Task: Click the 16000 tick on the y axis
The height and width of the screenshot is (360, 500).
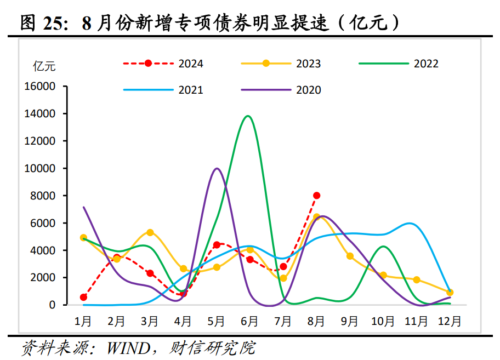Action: coord(39,87)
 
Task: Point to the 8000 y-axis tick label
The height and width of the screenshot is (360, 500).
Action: coord(43,196)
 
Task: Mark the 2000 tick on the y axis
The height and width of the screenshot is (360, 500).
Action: coord(43,278)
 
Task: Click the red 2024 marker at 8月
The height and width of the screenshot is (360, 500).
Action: coord(316,196)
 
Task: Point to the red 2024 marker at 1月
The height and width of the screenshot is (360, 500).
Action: coord(83,297)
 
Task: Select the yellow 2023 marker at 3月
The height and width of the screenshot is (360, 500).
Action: coord(150,232)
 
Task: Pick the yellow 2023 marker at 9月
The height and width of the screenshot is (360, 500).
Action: coord(350,256)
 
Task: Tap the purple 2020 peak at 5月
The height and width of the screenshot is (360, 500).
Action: coord(217,169)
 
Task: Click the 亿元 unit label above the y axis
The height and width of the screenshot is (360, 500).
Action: coord(44,66)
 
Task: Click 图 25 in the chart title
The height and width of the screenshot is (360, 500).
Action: coord(41,22)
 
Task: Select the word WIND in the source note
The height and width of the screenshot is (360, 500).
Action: coord(129,347)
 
